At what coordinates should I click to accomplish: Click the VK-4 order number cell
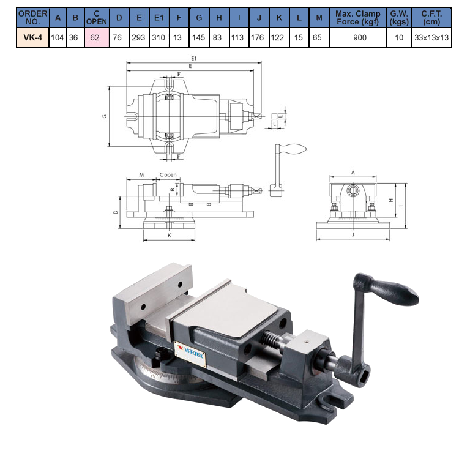tap(32, 37)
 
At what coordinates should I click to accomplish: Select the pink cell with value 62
tap(97, 37)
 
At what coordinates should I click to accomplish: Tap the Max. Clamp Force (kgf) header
tap(358, 18)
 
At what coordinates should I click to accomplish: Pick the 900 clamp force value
tap(360, 38)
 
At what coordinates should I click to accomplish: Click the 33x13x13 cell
tap(431, 38)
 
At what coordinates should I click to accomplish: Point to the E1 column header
tap(159, 18)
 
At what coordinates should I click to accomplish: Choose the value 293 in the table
tap(138, 38)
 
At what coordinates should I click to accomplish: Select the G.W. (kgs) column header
tap(399, 18)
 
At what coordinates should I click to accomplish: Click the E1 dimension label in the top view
tap(193, 59)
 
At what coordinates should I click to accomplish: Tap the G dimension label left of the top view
tap(105, 116)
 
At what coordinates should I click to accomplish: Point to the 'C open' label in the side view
tap(168, 175)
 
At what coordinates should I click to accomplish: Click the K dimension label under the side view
tap(169, 236)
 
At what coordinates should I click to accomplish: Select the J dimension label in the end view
tap(353, 234)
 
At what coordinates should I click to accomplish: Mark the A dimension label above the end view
tap(353, 173)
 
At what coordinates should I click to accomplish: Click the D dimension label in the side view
tap(116, 212)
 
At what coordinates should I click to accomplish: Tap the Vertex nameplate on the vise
tap(190, 353)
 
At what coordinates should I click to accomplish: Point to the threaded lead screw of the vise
tap(271, 337)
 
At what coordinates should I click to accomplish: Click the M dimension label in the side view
tap(141, 175)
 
